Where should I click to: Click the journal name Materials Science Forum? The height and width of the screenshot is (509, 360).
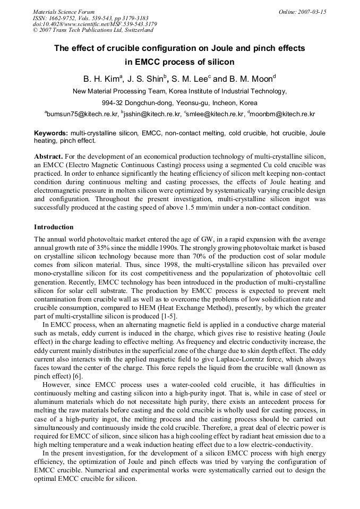coord(64,12)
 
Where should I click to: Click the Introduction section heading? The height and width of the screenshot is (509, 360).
coord(54,227)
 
